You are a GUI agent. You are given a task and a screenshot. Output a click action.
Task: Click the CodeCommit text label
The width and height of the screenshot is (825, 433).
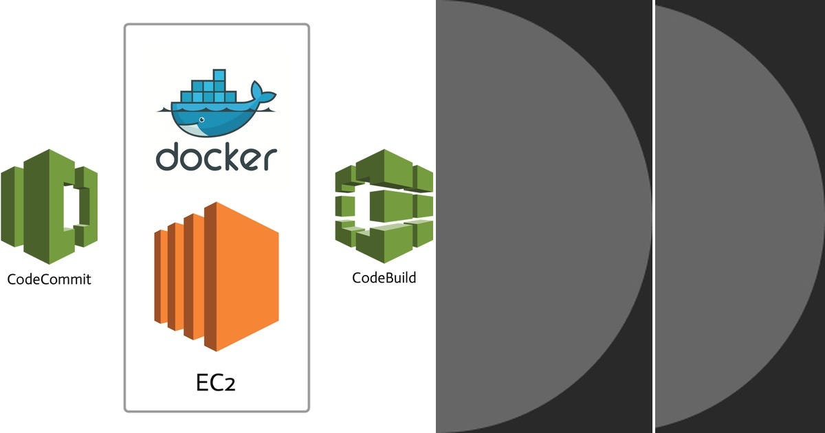(49, 279)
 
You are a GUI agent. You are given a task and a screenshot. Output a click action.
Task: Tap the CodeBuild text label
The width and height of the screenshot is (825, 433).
(384, 278)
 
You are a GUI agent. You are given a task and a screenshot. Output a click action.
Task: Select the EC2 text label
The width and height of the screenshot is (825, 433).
(215, 381)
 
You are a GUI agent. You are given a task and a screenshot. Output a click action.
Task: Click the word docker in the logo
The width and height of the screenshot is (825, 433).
(216, 156)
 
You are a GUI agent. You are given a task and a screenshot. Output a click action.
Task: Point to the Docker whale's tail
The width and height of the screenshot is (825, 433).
(262, 93)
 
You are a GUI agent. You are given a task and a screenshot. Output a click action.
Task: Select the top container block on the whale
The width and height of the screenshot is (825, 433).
(219, 76)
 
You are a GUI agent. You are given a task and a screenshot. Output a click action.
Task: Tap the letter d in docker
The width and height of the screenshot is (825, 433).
(166, 156)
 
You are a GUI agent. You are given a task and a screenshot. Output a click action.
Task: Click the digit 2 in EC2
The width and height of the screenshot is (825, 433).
(229, 384)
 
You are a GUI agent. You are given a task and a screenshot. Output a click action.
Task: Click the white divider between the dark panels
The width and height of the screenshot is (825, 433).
(653, 216)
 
